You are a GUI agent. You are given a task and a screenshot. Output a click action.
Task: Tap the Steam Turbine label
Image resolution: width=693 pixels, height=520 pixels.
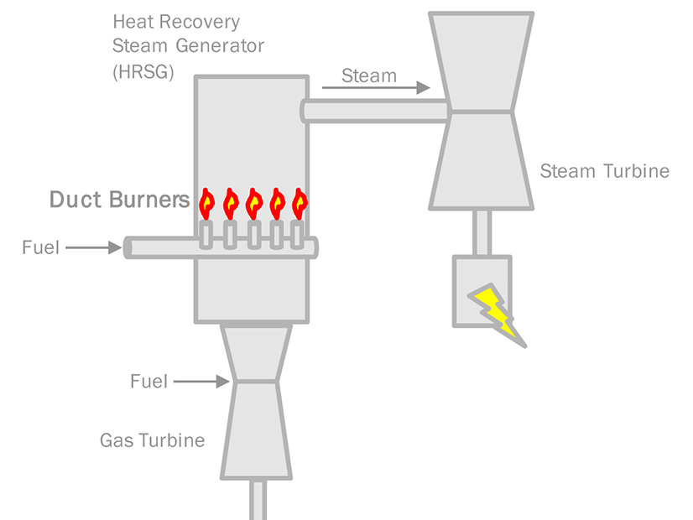pos(604,171)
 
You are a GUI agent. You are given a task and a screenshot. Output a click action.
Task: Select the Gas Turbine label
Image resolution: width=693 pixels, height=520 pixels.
pos(152,439)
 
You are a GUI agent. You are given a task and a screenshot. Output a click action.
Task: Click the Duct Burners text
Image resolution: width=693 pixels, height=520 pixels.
pos(119,200)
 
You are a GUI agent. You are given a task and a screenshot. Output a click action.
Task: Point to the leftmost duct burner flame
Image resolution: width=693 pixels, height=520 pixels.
pos(207,202)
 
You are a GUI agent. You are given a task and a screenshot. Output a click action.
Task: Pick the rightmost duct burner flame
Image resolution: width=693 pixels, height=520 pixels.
pos(300,202)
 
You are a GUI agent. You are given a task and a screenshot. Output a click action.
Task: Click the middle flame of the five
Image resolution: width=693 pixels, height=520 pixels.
pos(253,202)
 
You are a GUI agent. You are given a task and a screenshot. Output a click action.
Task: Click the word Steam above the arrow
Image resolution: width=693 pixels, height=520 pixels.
pos(369,75)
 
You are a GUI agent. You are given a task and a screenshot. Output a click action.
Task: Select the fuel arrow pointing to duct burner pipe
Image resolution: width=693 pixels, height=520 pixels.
pos(92,247)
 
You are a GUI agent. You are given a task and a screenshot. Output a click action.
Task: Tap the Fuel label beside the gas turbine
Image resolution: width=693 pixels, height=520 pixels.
pos(149,382)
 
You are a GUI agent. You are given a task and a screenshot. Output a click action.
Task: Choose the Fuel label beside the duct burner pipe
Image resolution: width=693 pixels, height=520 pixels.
pos(41,247)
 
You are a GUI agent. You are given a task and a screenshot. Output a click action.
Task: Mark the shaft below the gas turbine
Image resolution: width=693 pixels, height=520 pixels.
pos(257,499)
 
